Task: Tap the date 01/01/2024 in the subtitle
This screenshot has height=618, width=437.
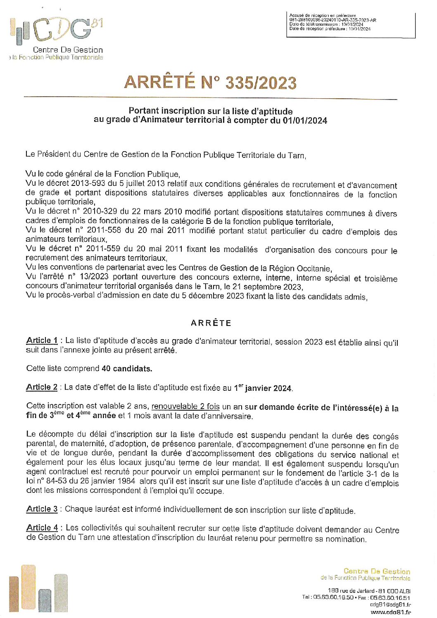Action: coord(305,121)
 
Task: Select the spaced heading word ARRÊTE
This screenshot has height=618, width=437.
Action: coord(211,323)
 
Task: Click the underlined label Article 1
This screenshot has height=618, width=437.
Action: coord(42,340)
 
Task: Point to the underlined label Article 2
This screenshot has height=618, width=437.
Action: coord(42,387)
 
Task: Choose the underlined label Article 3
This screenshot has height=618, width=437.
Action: coord(42,509)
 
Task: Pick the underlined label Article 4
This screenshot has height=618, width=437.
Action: coord(42,528)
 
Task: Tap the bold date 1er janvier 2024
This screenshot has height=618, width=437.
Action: coord(263,388)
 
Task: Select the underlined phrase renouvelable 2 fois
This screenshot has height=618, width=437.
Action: coord(185,406)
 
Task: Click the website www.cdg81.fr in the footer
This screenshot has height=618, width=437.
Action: coord(390,612)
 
